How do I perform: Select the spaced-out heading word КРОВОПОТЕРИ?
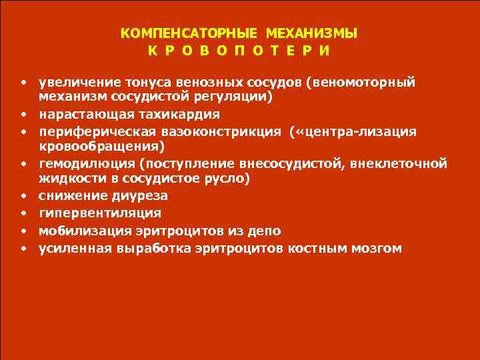pyautogui.click(x=239, y=51)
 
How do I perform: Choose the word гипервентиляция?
pyautogui.click(x=100, y=213)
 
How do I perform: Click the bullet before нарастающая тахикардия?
pyautogui.click(x=23, y=114)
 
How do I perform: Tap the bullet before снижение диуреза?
pyautogui.click(x=23, y=197)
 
